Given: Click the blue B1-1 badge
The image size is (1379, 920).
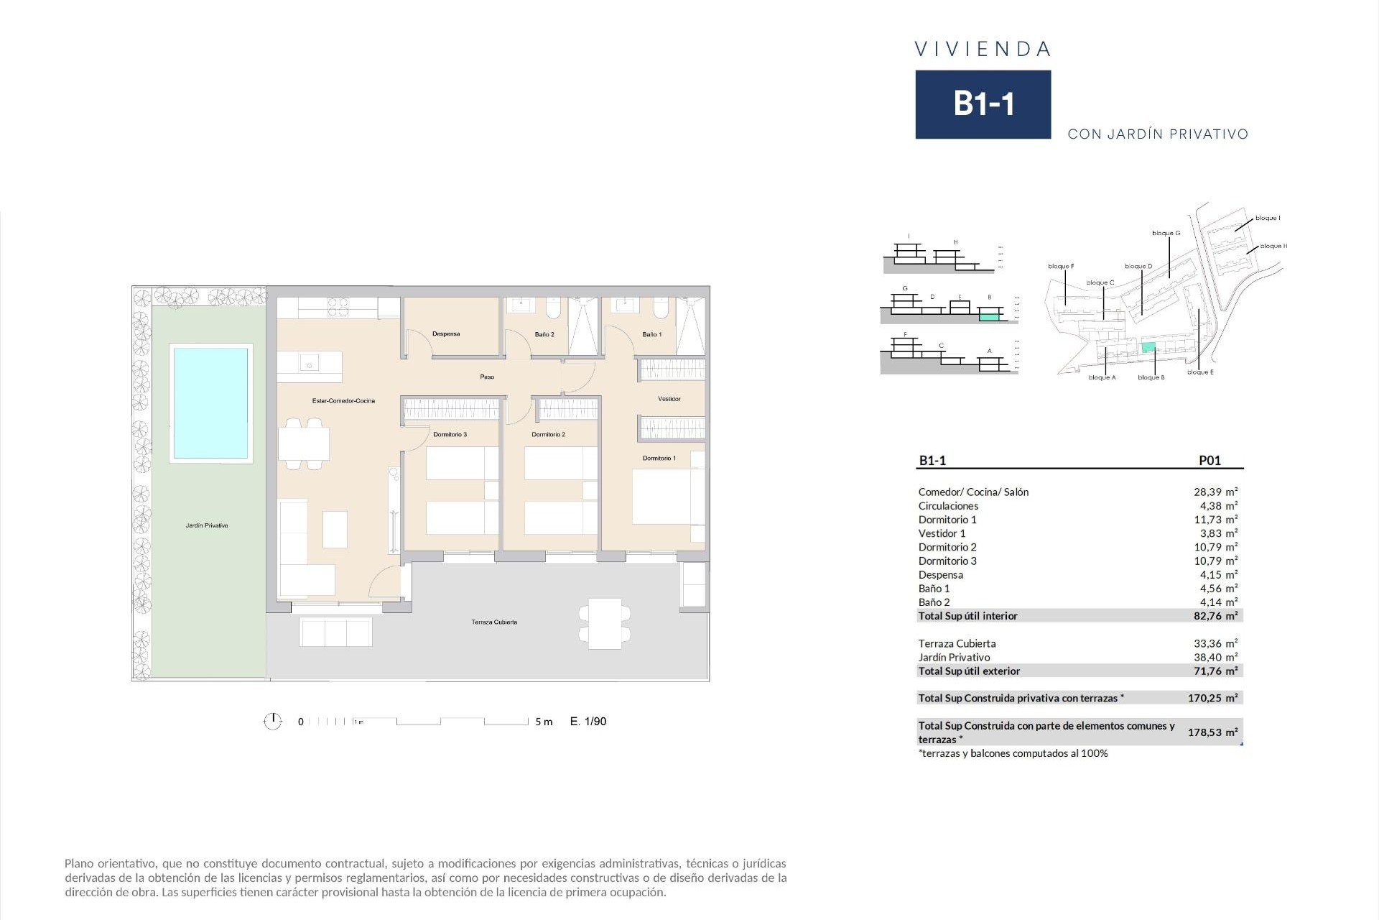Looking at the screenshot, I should pyautogui.click(x=983, y=104).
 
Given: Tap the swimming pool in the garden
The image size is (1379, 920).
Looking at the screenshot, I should pyautogui.click(x=210, y=403).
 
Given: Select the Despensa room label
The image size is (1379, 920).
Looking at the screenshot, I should pyautogui.click(x=446, y=334).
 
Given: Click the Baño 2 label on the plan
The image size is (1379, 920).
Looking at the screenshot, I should pyautogui.click(x=544, y=335).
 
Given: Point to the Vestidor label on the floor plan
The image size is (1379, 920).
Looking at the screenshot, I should pyautogui.click(x=669, y=399).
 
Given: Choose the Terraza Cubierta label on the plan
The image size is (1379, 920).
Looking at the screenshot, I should pyautogui.click(x=494, y=622).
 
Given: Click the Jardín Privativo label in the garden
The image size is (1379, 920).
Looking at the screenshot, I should pyautogui.click(x=207, y=526).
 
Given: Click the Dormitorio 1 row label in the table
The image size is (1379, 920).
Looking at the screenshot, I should pyautogui.click(x=947, y=520).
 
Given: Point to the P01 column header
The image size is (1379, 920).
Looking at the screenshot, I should pyautogui.click(x=1209, y=461).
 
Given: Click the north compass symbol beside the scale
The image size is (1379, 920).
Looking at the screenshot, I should pyautogui.click(x=273, y=721).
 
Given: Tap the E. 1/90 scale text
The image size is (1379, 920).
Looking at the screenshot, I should pyautogui.click(x=588, y=722).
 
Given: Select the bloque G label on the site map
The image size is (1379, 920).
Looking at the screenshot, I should pyautogui.click(x=1166, y=234).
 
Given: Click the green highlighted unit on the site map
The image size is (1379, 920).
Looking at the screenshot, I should pyautogui.click(x=1148, y=347).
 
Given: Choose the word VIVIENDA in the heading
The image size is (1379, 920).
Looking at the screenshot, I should pyautogui.click(x=983, y=50).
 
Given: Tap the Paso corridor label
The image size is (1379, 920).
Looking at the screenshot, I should pyautogui.click(x=487, y=377).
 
